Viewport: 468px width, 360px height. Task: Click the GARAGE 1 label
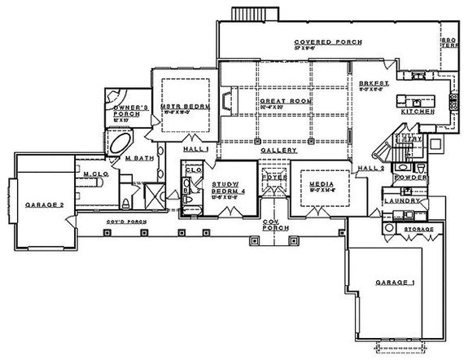click(x=394, y=283)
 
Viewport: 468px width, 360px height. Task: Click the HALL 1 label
click(x=195, y=151)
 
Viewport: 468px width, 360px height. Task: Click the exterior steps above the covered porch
click(x=243, y=14)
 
